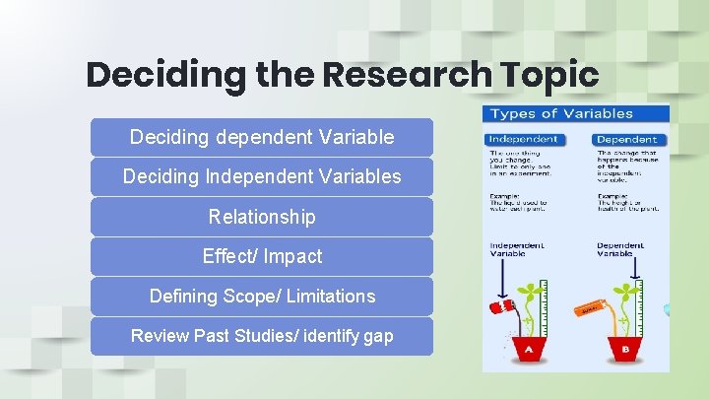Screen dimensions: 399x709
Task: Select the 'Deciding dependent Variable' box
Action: pos(262,137)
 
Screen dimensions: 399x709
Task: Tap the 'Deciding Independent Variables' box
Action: pos(262,176)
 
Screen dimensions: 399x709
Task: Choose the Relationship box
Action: pos(262,217)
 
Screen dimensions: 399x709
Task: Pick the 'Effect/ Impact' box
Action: pos(262,256)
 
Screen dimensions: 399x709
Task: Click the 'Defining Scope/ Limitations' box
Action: pos(262,296)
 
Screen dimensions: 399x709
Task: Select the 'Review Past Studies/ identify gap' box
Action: pos(262,336)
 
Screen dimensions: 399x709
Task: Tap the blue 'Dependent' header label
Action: pos(626,139)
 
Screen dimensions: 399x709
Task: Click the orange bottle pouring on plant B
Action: pos(590,308)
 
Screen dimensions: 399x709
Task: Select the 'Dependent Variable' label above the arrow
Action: pos(620,249)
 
